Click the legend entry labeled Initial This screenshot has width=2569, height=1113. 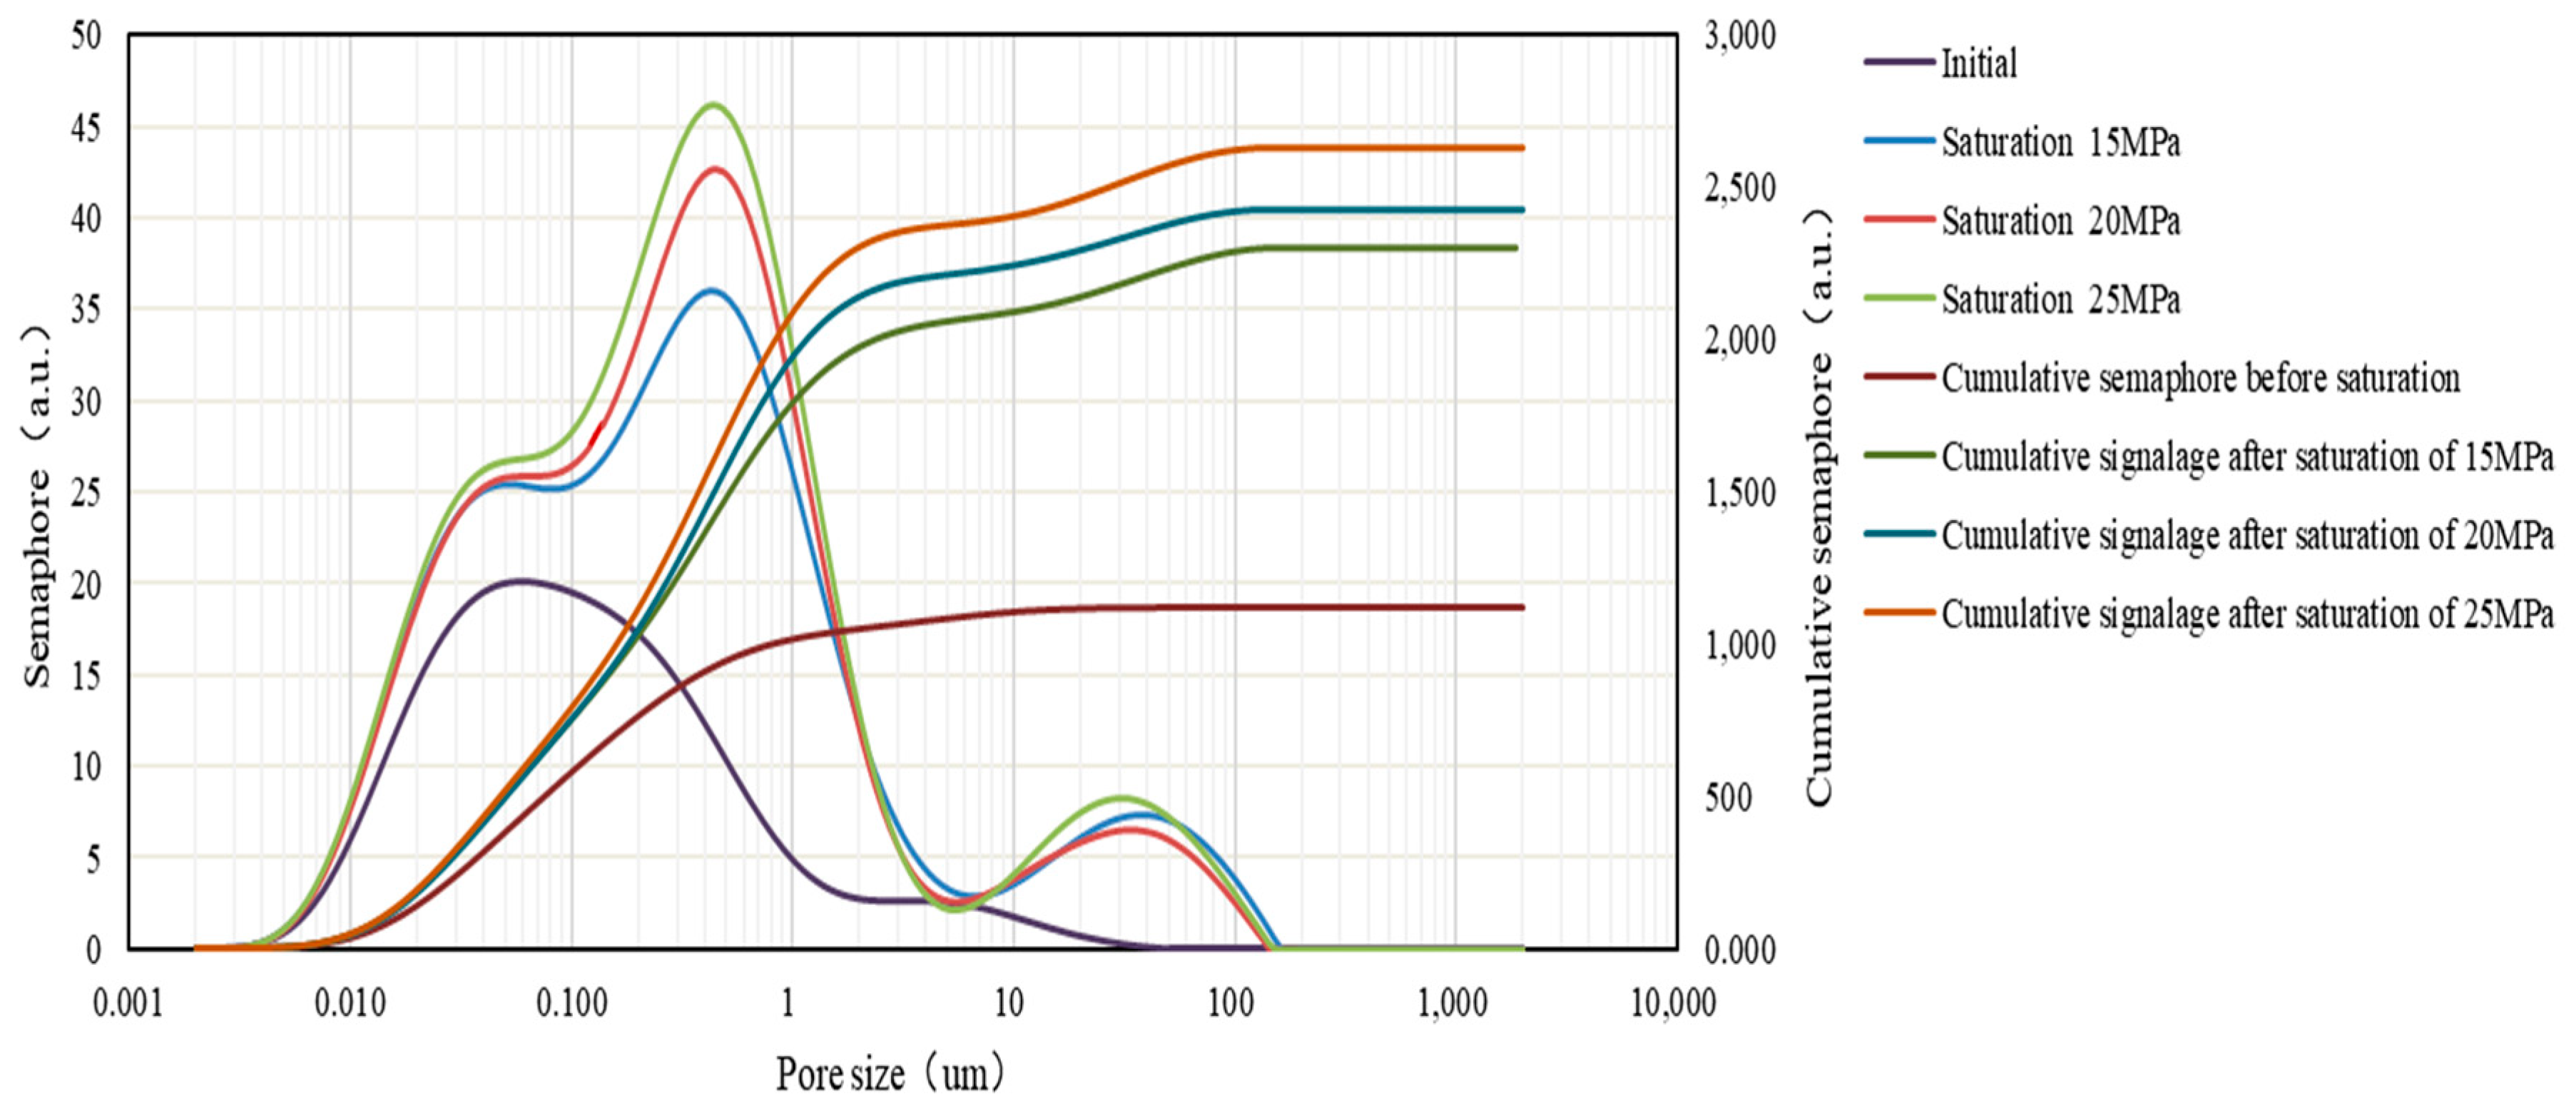(1978, 63)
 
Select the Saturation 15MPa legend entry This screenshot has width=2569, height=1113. (2060, 143)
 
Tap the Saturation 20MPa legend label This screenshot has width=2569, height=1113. (2060, 220)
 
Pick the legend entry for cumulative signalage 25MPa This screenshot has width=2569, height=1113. (2247, 614)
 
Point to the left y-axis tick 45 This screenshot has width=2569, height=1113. (87, 128)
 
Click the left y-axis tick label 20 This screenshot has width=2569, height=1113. (87, 584)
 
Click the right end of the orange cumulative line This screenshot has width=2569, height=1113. (1522, 148)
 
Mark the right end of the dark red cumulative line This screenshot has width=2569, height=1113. (1522, 606)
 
